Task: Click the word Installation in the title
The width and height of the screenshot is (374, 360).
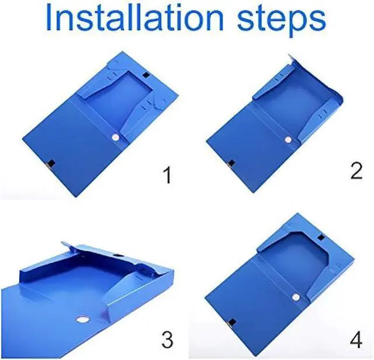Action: (x=134, y=18)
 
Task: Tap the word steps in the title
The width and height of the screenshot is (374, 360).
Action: (x=282, y=20)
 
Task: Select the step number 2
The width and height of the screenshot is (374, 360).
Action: (x=356, y=171)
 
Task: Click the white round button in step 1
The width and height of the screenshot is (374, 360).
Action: (x=116, y=137)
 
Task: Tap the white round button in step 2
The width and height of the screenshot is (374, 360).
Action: (x=288, y=139)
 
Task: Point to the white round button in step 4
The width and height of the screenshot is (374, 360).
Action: (x=296, y=297)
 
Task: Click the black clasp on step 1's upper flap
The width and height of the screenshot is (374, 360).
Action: (x=146, y=75)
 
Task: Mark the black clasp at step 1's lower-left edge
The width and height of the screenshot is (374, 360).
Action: (x=51, y=164)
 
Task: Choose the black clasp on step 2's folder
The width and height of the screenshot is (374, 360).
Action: (x=231, y=164)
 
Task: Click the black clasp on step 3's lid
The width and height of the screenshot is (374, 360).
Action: (x=117, y=255)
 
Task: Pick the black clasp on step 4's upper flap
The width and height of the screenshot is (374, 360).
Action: (x=321, y=237)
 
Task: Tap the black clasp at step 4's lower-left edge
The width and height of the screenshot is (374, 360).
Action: (x=231, y=323)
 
